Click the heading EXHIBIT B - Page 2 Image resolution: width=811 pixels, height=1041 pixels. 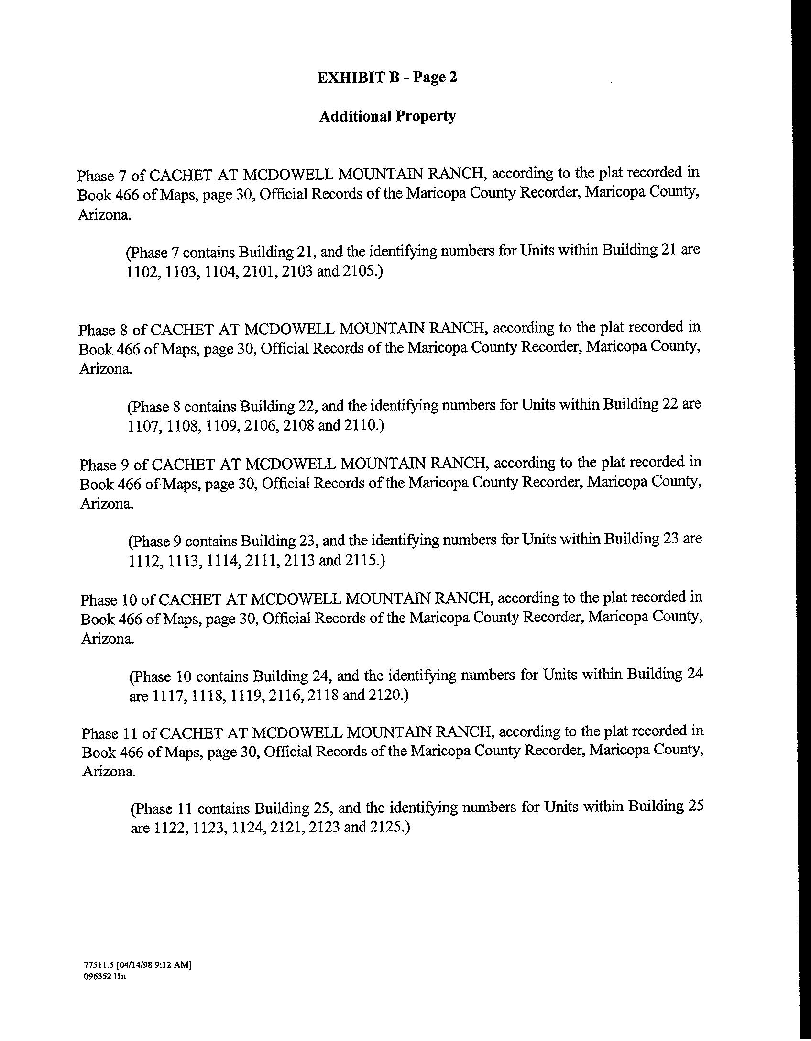tap(387, 77)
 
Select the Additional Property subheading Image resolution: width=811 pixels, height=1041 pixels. tap(387, 116)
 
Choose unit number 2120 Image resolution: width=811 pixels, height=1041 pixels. tap(388, 695)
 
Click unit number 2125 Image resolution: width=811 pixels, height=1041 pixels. tap(390, 827)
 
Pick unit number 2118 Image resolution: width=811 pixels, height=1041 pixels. tap(324, 695)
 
